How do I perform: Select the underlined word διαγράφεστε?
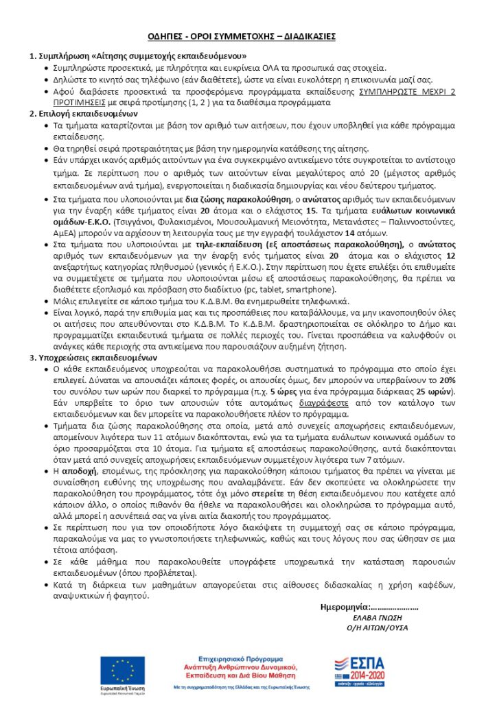[x=321, y=404]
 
